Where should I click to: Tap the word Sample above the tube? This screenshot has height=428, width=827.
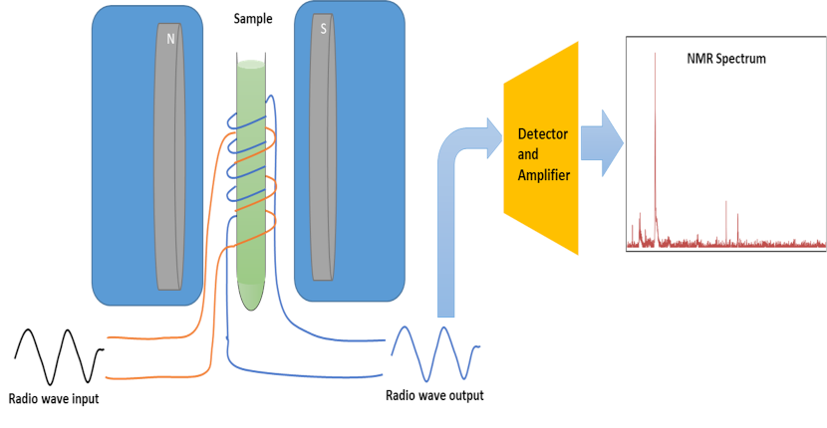[253, 19]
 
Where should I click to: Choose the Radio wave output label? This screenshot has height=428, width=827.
[434, 395]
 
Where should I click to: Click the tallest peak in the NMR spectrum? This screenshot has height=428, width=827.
[655, 60]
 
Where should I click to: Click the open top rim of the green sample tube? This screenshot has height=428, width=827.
[251, 64]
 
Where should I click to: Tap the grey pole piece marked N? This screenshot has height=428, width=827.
[169, 159]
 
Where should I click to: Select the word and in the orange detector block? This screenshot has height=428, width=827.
[528, 153]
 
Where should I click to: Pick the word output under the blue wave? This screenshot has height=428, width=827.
[463, 395]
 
